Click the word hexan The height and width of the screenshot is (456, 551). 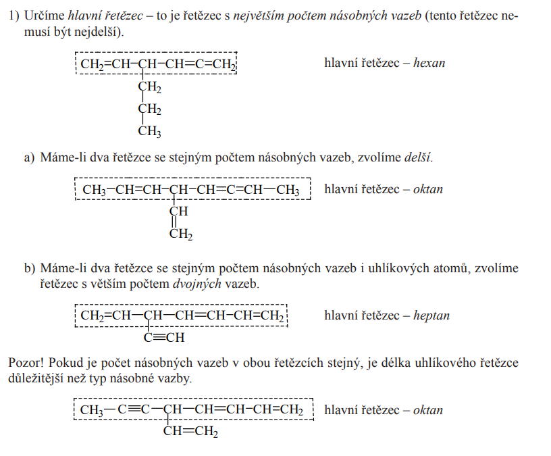click(429, 63)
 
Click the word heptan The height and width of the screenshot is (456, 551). click(431, 315)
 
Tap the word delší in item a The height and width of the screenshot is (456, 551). click(417, 158)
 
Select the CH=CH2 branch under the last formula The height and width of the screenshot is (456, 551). click(191, 432)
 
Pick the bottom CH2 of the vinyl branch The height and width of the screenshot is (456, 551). click(181, 234)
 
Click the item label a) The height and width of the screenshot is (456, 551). click(29, 158)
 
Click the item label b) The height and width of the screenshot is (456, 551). click(29, 268)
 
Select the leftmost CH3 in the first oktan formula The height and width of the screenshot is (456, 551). click(95, 190)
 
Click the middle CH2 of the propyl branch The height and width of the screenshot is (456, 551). click(150, 109)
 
